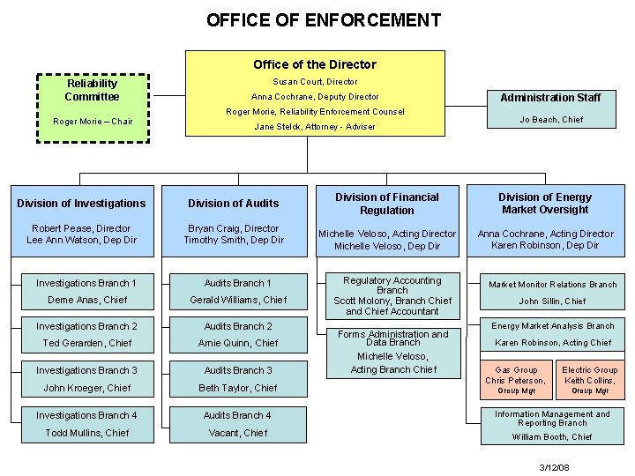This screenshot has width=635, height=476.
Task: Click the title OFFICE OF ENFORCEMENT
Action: [x=323, y=19]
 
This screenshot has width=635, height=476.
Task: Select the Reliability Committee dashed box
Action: [x=92, y=106]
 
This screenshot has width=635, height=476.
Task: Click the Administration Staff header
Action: [x=550, y=97]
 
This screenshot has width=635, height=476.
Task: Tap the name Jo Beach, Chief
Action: [x=550, y=120]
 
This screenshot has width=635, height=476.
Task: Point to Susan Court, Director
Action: [x=315, y=81]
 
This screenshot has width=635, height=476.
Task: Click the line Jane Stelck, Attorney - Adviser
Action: [x=315, y=127]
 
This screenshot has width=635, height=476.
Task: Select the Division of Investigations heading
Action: [x=81, y=204]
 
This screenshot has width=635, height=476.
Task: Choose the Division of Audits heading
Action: [x=234, y=204]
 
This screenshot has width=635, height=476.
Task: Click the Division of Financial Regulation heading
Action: [x=386, y=204]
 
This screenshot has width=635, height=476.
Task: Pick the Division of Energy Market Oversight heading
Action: [x=544, y=204]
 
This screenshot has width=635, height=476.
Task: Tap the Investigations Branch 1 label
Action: [x=86, y=283]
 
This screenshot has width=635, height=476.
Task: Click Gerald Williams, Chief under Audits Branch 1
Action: [x=238, y=300]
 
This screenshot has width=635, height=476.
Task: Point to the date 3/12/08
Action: [x=554, y=466]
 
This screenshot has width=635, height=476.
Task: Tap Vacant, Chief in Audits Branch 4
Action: [x=237, y=433]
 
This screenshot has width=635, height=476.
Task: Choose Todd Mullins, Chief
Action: [x=86, y=433]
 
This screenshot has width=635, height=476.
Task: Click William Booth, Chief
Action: [x=552, y=436]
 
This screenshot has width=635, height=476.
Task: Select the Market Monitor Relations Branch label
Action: [x=553, y=285]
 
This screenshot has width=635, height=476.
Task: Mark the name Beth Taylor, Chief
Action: [x=237, y=388]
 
